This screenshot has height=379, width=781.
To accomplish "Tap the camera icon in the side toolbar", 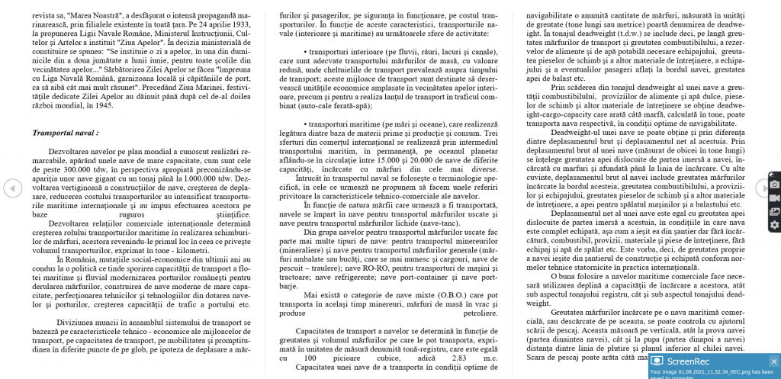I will pos(774,185).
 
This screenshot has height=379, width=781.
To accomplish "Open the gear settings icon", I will pos(774,224).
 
